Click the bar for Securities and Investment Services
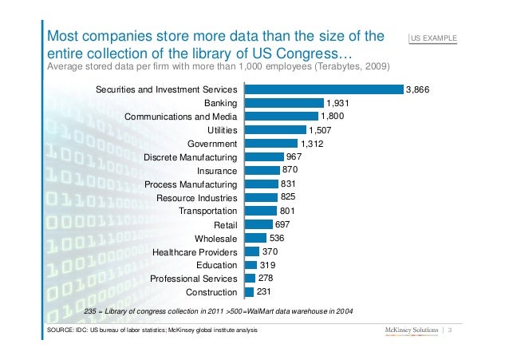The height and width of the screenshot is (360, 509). (323, 89)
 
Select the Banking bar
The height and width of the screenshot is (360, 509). (283, 103)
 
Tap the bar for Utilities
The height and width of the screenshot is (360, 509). (274, 130)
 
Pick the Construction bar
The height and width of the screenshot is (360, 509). (249, 292)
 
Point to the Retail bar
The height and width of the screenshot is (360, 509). (258, 225)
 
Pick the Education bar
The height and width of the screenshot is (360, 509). (251, 265)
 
